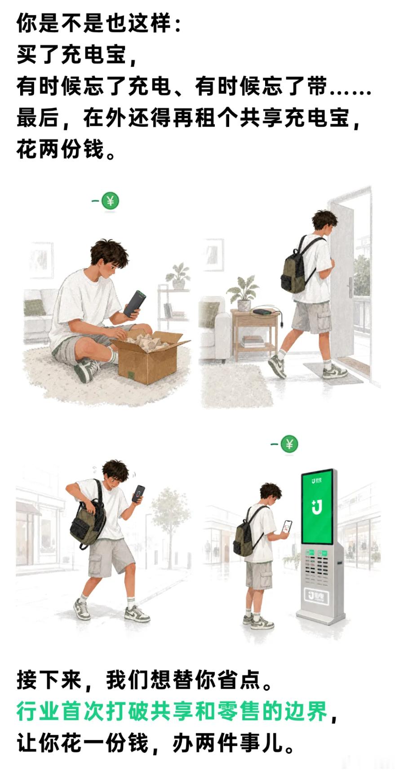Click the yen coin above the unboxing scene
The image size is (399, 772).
point(110,201)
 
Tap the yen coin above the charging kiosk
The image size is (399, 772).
point(289,444)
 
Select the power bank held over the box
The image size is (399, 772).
point(135,303)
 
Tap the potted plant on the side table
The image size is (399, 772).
point(243,293)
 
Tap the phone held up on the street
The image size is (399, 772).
point(138,494)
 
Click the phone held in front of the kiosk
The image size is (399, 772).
point(287,527)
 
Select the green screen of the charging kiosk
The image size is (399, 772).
point(317,507)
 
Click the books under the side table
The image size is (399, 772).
point(253,342)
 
